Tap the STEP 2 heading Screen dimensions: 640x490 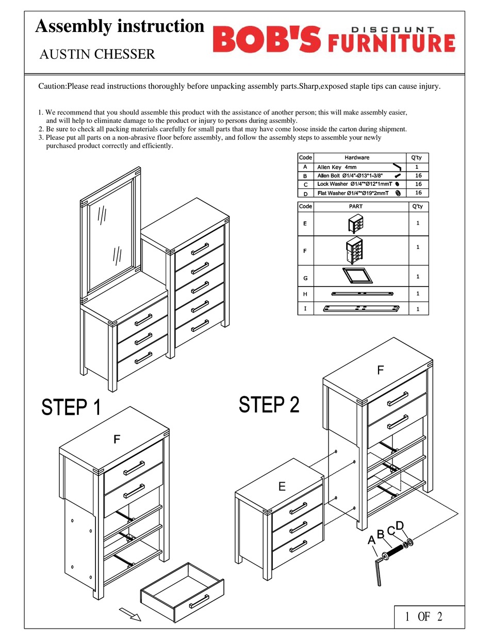[269, 404]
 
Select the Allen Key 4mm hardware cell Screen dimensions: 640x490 [337, 167]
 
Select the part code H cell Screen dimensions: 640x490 [305, 294]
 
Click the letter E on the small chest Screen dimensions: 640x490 [282, 486]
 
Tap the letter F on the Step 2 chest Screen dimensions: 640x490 [380, 370]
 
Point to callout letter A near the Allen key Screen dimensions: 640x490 [371, 540]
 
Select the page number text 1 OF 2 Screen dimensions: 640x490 [423, 616]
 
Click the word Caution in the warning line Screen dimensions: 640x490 [52, 86]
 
